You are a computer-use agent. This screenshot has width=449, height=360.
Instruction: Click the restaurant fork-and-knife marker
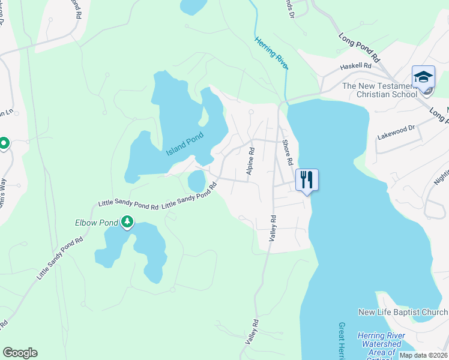[307, 179]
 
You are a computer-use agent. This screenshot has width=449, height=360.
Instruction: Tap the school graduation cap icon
[423, 77]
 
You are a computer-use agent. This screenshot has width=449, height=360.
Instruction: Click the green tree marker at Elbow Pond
[127, 223]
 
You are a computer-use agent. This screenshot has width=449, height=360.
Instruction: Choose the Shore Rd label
[287, 152]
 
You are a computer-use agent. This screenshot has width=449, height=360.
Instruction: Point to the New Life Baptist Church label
[402, 312]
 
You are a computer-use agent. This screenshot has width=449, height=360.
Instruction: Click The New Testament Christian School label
[379, 90]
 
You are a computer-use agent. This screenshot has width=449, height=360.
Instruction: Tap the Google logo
[20, 353]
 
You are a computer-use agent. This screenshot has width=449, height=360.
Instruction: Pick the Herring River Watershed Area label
[379, 344]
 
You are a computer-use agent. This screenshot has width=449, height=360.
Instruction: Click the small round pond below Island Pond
[197, 180]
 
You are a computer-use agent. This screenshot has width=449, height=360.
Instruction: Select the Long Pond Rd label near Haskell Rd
[359, 48]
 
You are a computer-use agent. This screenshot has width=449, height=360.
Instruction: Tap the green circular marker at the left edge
[3, 144]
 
